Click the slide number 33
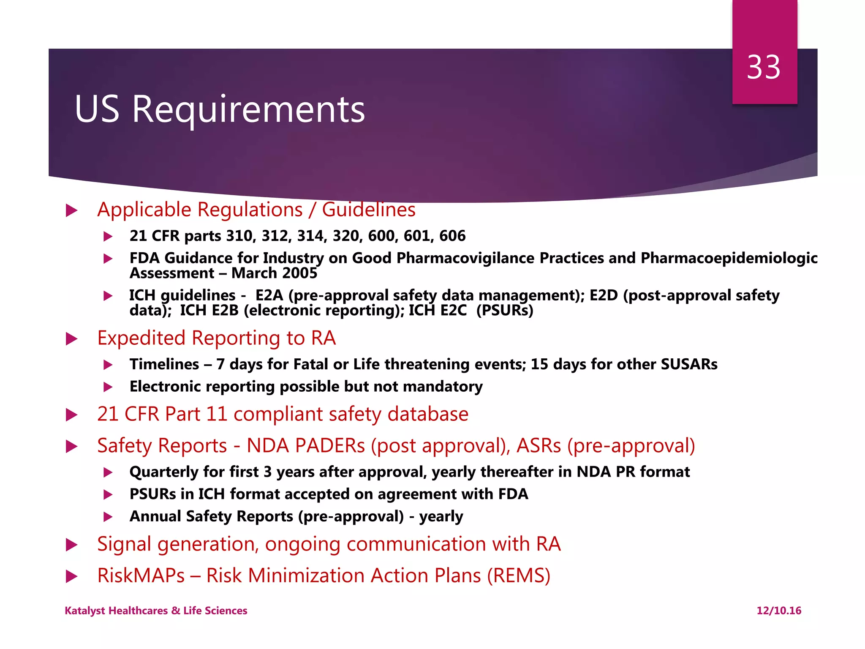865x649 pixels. tap(764, 68)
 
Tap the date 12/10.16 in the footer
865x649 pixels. tap(779, 611)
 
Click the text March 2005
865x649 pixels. tap(274, 273)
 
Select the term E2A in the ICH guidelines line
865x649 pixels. tap(269, 295)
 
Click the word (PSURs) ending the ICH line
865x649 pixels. tap(505, 311)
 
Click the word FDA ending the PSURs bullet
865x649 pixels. tap(513, 494)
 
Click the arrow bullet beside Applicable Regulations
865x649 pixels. tap(72, 210)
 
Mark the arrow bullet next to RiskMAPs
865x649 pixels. tap(72, 576)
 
